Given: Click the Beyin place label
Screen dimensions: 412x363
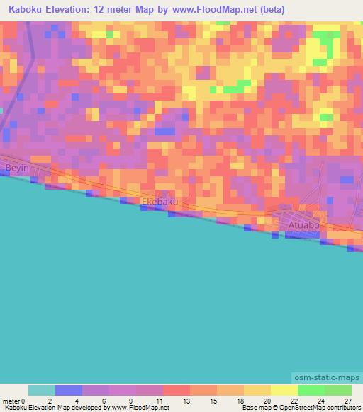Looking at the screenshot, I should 16,168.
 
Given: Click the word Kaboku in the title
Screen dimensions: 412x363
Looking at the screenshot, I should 26,11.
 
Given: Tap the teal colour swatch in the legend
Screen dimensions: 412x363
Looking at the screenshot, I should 42,390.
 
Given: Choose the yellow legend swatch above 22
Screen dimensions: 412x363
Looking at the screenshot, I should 284,390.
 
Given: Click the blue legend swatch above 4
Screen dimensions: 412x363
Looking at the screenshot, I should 69,390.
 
